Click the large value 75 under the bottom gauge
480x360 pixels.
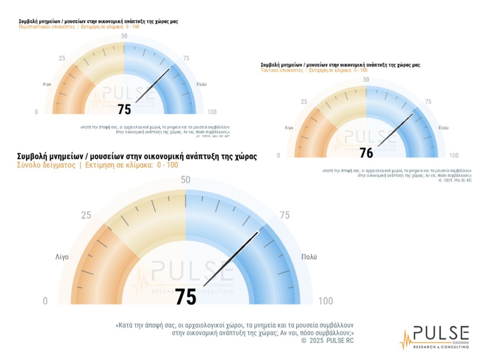(186, 297)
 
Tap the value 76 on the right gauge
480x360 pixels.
(367, 153)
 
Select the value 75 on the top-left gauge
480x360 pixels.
(125, 109)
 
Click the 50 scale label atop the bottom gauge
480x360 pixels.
(186, 180)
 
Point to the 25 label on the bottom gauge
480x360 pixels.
(86, 216)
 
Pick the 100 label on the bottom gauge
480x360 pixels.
(326, 300)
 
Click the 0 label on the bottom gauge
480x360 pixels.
(45, 301)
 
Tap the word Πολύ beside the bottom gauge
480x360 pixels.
(309, 257)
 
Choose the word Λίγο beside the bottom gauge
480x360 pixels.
(62, 257)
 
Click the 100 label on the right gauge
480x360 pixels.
(454, 156)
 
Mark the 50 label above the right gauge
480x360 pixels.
(367, 80)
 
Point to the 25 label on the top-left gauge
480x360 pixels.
(62, 58)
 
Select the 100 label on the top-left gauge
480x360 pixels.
(211, 112)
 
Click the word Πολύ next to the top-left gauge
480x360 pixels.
(202, 84)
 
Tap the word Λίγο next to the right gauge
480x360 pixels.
(289, 128)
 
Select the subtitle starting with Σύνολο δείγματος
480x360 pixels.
(97, 165)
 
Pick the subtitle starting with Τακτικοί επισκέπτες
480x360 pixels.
(314, 70)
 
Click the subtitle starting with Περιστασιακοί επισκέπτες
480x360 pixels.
(79, 27)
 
